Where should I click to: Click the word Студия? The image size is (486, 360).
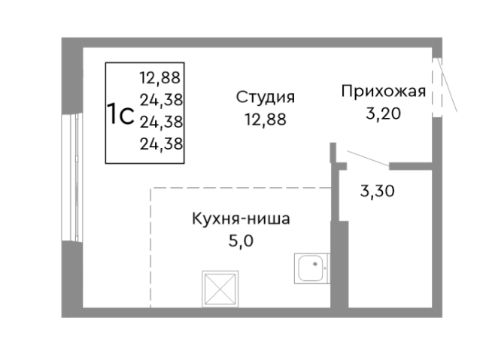point(265,97)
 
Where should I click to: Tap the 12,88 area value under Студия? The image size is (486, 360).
point(265,119)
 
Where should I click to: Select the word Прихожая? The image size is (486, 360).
point(383,92)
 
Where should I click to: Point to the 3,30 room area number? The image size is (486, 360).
point(378,190)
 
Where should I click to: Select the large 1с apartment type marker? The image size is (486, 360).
point(120,116)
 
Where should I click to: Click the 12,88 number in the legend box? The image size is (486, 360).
point(162,76)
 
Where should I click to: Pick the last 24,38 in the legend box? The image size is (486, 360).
point(162,142)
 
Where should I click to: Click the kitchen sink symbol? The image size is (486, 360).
point(311,267)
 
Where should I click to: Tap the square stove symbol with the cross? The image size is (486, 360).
point(220,288)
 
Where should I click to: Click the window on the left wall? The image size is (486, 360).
point(74,177)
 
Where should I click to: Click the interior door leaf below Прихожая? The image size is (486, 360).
point(363,159)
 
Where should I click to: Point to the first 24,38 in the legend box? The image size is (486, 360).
point(162,98)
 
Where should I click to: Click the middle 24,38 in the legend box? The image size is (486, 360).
point(162,120)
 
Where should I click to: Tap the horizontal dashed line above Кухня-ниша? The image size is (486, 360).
point(241,188)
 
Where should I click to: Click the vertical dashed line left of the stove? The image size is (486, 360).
point(150,248)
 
